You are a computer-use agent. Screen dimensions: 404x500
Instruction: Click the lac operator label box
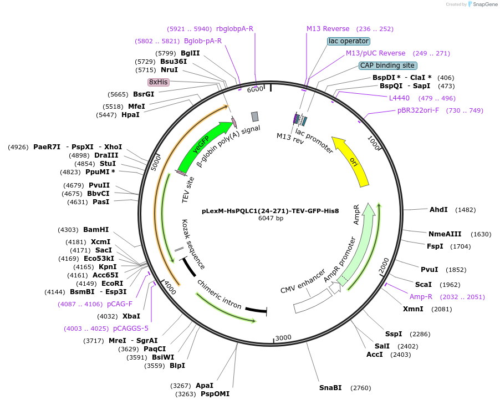click(x=349, y=41)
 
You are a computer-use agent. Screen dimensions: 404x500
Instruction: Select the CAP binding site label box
click(x=387, y=65)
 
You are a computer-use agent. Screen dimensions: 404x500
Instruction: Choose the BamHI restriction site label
click(x=96, y=230)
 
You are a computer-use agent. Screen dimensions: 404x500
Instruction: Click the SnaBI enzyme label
click(x=330, y=388)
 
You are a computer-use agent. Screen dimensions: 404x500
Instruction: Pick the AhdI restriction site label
click(x=438, y=210)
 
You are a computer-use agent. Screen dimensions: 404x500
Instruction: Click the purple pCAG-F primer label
click(x=120, y=304)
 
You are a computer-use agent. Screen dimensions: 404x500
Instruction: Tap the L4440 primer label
click(x=399, y=98)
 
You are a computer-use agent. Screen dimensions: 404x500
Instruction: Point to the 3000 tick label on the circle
click(x=283, y=337)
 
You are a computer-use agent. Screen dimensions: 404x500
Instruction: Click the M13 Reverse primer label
click(x=328, y=29)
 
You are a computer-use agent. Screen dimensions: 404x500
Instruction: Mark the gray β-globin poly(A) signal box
click(x=255, y=117)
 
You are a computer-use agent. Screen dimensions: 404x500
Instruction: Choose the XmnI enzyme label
click(x=413, y=309)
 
